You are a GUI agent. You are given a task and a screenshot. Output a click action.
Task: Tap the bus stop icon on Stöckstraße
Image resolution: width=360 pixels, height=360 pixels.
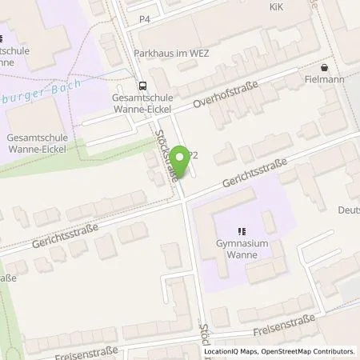click(x=142, y=85)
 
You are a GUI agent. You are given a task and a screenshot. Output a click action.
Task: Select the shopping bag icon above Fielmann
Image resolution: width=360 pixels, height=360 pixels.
click(x=324, y=68)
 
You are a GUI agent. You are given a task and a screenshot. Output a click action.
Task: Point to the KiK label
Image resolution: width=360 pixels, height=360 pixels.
click(x=274, y=4)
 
